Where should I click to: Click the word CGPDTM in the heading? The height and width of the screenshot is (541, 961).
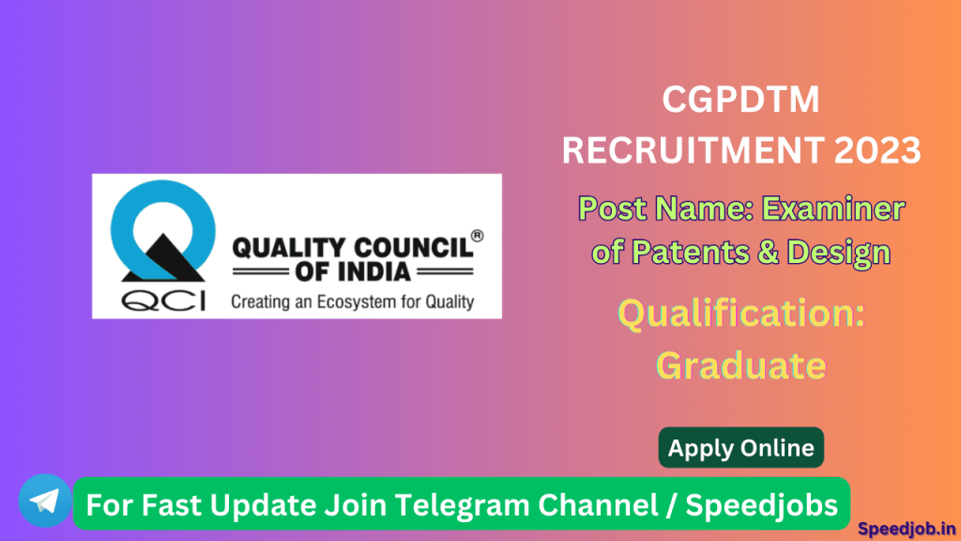pos(741,100)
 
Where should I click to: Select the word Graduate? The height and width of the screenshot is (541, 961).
pos(740,364)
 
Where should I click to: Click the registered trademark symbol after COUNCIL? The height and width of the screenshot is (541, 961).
pos(477,237)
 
